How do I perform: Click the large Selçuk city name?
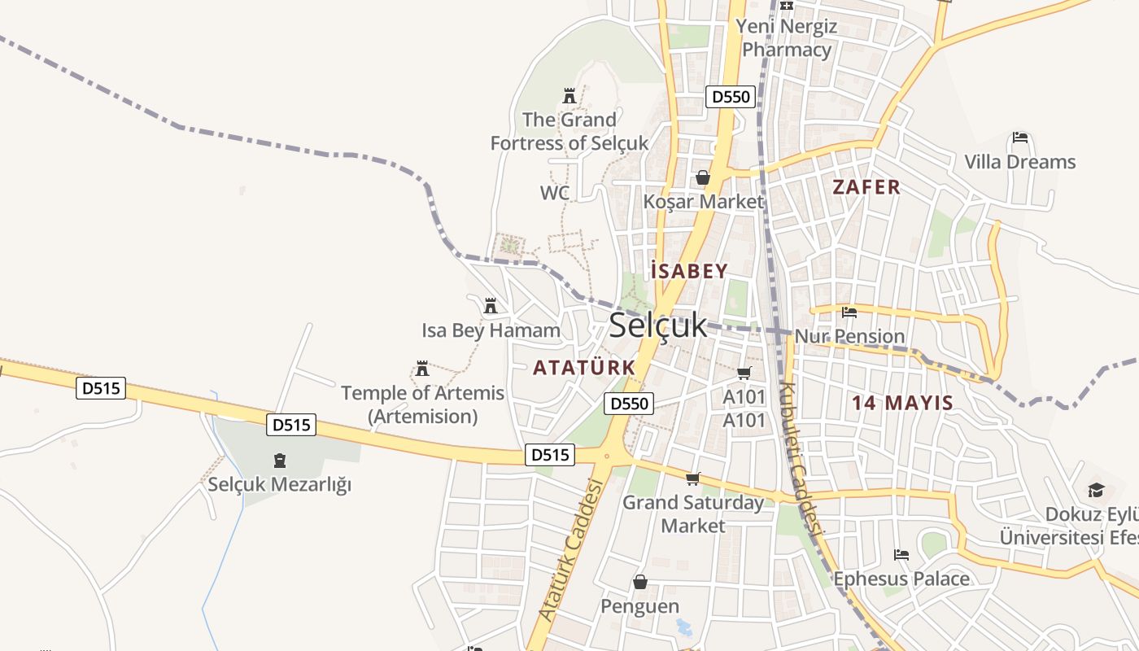(x=658, y=325)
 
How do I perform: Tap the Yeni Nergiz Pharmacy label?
(x=787, y=38)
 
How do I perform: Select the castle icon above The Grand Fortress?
(x=569, y=96)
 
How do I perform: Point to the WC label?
(x=555, y=193)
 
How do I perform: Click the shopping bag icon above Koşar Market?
(x=703, y=177)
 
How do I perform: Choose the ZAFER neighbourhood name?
(x=866, y=187)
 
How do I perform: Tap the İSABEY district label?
(x=689, y=271)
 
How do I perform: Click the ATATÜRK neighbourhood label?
(x=584, y=368)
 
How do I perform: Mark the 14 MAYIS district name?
(x=902, y=403)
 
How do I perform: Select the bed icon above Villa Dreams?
(x=1020, y=138)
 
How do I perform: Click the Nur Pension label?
(x=849, y=336)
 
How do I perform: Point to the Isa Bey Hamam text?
(x=491, y=330)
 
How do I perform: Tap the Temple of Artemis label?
(x=422, y=404)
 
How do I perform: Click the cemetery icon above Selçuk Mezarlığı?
(x=280, y=461)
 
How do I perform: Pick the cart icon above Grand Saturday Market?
(x=693, y=478)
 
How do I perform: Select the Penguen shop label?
(x=639, y=606)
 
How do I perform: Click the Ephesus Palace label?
(x=901, y=579)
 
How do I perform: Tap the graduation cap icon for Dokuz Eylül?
(x=1096, y=490)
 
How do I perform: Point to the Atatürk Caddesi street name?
(x=571, y=550)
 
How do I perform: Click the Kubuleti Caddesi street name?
(x=801, y=460)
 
